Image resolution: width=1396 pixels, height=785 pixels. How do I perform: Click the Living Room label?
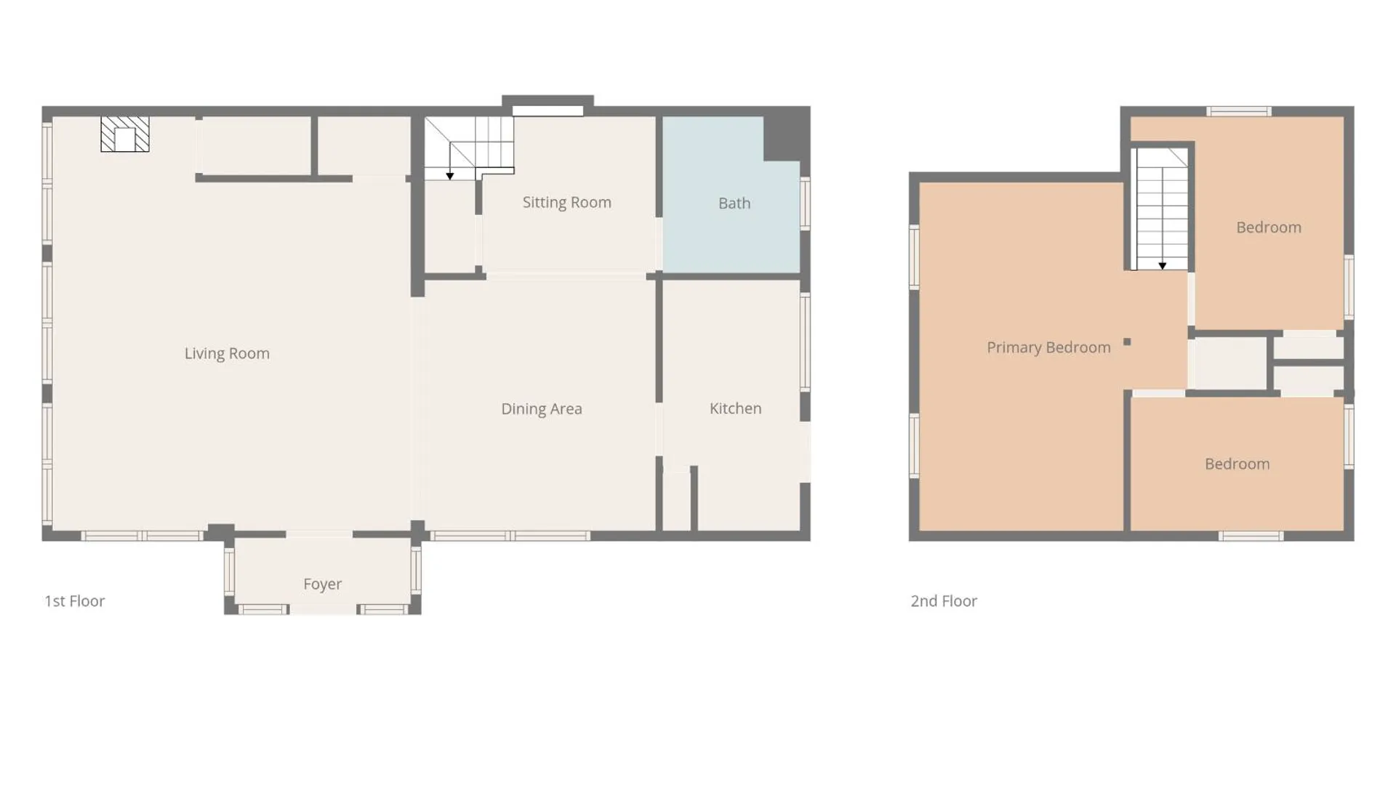pyautogui.click(x=227, y=353)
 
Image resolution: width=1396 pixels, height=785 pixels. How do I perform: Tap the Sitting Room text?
pyautogui.click(x=567, y=202)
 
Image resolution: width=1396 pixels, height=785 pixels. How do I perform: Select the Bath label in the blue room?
pyautogui.click(x=734, y=204)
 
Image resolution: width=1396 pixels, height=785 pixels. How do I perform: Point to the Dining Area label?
pyautogui.click(x=542, y=408)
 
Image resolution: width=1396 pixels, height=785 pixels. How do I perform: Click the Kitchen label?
pyautogui.click(x=736, y=408)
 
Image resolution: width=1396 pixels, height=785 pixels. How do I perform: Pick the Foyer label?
pyautogui.click(x=323, y=584)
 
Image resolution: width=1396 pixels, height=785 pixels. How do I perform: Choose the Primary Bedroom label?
pyautogui.click(x=1048, y=347)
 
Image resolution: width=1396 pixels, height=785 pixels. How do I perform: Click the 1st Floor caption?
pyautogui.click(x=75, y=601)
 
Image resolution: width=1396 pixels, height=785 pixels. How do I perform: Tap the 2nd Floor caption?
pyautogui.click(x=944, y=601)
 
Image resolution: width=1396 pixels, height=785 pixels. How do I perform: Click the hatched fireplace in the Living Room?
pyautogui.click(x=125, y=134)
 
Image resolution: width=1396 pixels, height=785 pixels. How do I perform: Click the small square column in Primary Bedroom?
pyautogui.click(x=1127, y=342)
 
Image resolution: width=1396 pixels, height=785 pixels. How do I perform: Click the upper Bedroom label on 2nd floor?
pyautogui.click(x=1269, y=228)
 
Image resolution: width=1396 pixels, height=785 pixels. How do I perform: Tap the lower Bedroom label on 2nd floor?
pyautogui.click(x=1237, y=464)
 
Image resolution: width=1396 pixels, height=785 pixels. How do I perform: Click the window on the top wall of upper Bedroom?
pyautogui.click(x=1239, y=111)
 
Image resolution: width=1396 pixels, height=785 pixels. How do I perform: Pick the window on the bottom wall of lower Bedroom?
pyautogui.click(x=1251, y=536)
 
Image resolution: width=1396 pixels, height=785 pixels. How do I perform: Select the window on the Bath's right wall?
pyautogui.click(x=806, y=204)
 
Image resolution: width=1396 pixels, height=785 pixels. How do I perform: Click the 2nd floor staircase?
pyautogui.click(x=1163, y=209)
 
